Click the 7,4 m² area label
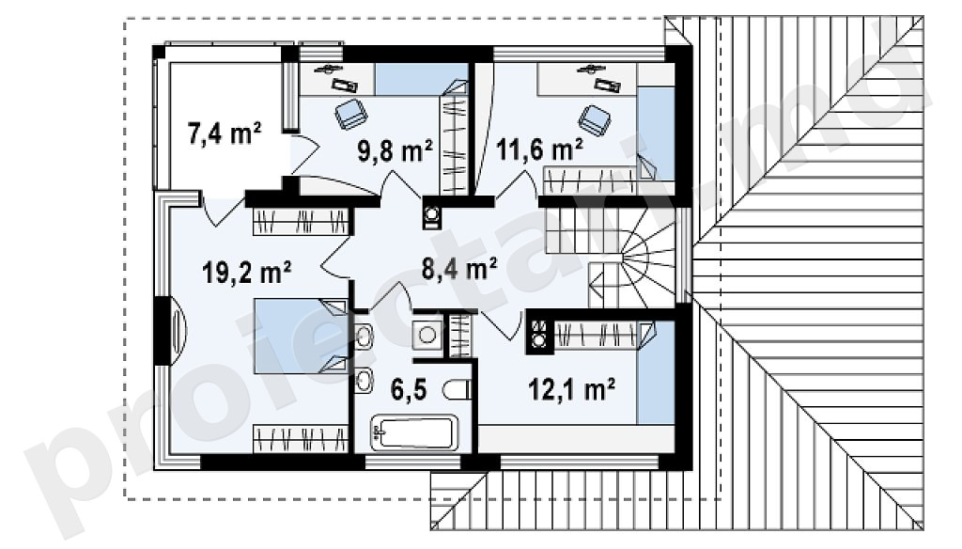(225, 133)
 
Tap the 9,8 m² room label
(396, 150)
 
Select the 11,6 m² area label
(539, 149)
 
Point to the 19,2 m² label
(247, 272)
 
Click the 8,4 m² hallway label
(459, 268)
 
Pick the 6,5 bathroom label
(408, 389)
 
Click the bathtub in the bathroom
(414, 433)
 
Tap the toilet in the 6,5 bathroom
(458, 390)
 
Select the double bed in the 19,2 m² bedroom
(301, 336)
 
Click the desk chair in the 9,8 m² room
(351, 114)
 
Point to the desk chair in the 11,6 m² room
(595, 119)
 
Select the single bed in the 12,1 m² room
(656, 372)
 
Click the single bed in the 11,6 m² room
(656, 133)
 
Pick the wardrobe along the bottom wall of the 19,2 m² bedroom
(301, 439)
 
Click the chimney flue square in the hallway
(432, 215)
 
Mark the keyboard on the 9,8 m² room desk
(345, 85)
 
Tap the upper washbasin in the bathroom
(364, 337)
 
